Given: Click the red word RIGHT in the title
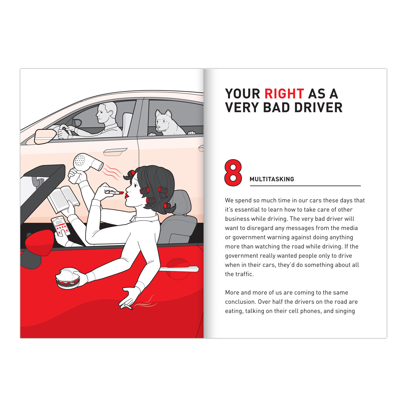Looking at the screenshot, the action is tap(284, 94).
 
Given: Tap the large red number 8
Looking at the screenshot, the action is tap(233, 173).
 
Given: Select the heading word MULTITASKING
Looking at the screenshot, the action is tap(272, 179).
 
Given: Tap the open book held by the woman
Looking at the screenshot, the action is tap(63, 199).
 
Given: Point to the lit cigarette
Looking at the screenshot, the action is tap(126, 307).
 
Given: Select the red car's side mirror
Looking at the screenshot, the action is tap(40, 243).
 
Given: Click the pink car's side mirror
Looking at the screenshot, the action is tap(44, 136).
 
